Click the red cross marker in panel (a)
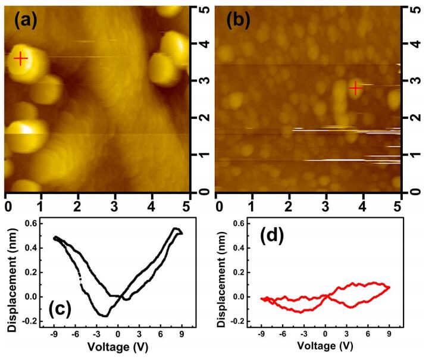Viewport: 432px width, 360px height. (x=21, y=58)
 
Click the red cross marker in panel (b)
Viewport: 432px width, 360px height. (x=356, y=88)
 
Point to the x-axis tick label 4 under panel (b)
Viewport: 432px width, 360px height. (x=362, y=204)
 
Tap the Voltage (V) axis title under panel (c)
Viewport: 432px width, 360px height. (x=117, y=346)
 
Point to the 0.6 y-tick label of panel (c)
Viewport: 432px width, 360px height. (x=30, y=223)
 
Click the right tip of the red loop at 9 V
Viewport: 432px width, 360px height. (x=390, y=287)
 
